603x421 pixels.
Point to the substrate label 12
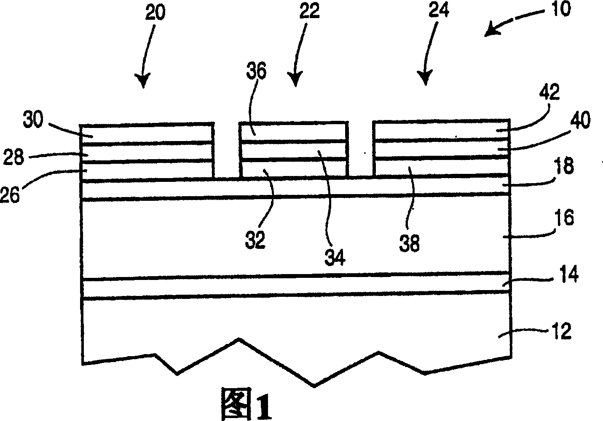pyautogui.click(x=561, y=332)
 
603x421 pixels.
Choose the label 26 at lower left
pyautogui.click(x=11, y=195)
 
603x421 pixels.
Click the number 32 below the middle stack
pyautogui.click(x=256, y=239)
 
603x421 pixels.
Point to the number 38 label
pyautogui.click(x=410, y=243)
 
